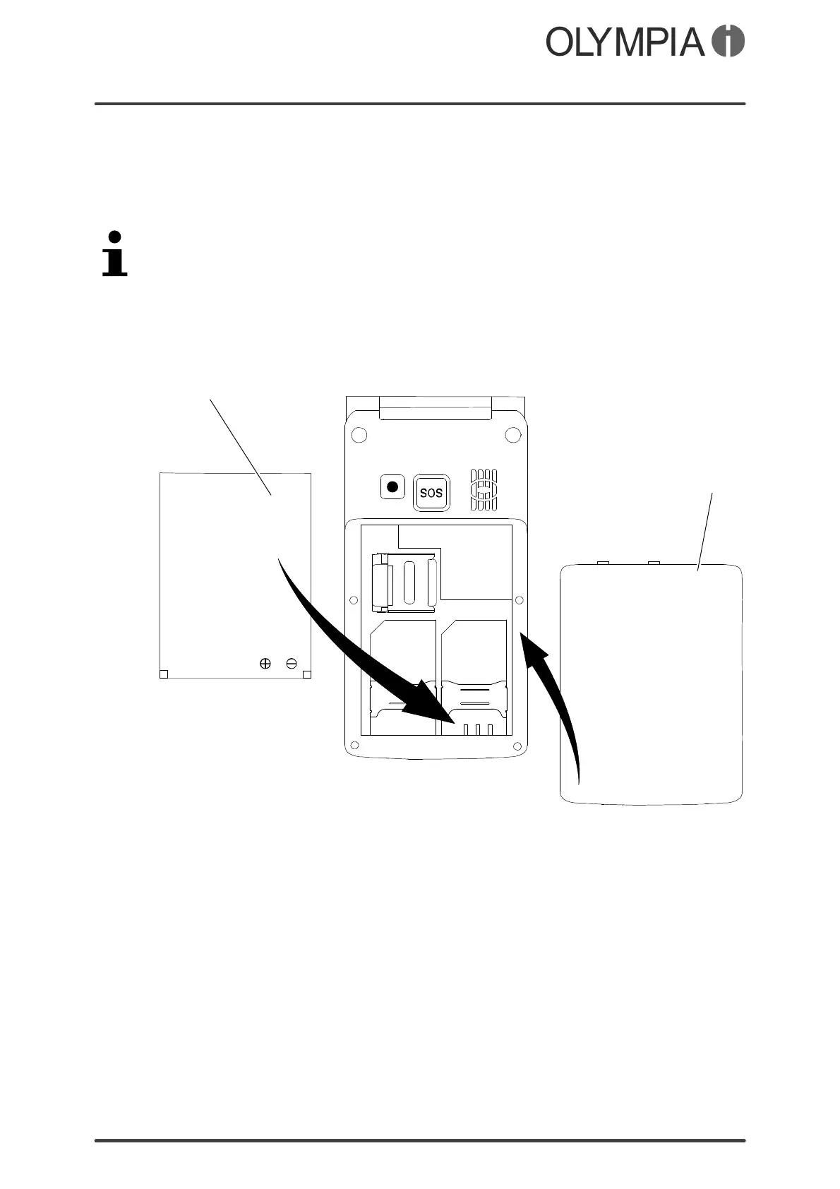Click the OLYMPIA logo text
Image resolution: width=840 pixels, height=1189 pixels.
[625, 42]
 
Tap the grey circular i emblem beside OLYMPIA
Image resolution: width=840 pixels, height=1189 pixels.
[728, 42]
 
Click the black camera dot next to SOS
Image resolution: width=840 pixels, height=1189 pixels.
[393, 486]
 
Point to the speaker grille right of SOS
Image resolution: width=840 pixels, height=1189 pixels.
[484, 489]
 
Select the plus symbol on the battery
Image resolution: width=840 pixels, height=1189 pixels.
[265, 664]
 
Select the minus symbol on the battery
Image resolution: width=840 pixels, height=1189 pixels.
[292, 664]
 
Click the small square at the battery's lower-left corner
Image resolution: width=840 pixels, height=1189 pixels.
[164, 674]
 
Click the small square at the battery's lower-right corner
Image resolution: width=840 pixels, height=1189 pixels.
[307, 674]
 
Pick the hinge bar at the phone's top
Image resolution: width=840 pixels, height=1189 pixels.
[435, 408]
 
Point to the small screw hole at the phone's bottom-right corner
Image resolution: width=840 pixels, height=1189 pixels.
[519, 745]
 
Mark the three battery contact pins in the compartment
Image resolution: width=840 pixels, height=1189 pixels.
[478, 729]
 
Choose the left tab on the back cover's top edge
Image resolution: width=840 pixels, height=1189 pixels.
[603, 563]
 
